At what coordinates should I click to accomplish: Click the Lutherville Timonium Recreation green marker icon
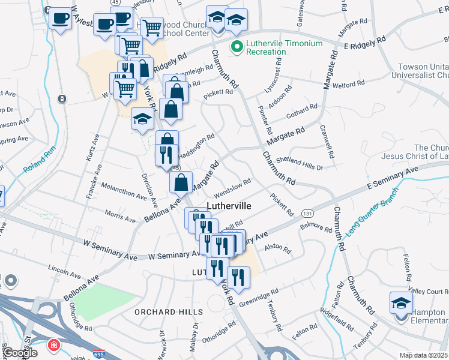pyautogui.click(x=237, y=46)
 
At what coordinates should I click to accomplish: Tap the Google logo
pyautogui.click(x=20, y=353)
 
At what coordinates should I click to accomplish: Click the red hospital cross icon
pyautogui.click(x=54, y=346)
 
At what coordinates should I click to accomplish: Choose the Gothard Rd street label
pyautogui.click(x=302, y=111)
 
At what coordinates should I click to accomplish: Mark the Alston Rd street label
pyautogui.click(x=277, y=247)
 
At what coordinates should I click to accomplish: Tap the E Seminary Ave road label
pyautogui.click(x=391, y=178)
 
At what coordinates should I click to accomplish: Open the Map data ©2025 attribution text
pyautogui.click(x=424, y=355)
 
